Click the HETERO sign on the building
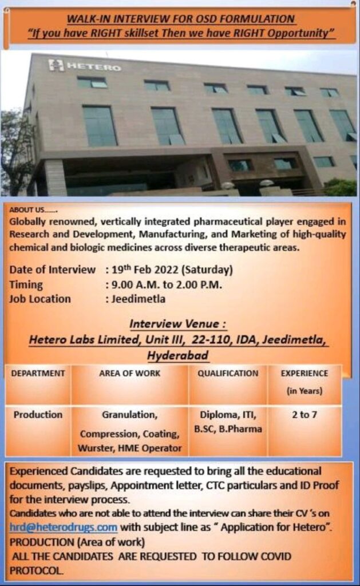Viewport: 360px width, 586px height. click(x=85, y=66)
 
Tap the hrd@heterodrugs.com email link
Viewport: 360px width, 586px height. click(x=63, y=527)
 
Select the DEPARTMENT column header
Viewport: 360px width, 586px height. click(x=38, y=373)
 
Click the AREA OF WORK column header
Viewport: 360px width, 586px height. click(x=130, y=373)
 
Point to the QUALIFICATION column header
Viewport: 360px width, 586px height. click(x=228, y=373)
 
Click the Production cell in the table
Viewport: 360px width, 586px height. click(x=38, y=414)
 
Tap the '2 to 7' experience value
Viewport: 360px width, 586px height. click(x=304, y=414)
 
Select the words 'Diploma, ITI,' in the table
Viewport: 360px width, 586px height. click(x=228, y=415)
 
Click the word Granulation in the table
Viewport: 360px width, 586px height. click(x=129, y=415)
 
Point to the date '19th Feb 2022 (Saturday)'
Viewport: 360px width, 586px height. click(x=172, y=270)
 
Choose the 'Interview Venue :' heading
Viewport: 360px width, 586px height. click(x=178, y=324)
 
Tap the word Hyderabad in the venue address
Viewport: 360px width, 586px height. click(x=177, y=355)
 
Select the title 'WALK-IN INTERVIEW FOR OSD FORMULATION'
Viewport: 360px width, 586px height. click(x=181, y=19)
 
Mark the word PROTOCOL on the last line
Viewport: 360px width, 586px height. click(x=36, y=571)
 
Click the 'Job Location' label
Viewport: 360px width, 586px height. click(x=40, y=299)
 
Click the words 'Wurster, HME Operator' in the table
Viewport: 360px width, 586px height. click(x=130, y=448)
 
